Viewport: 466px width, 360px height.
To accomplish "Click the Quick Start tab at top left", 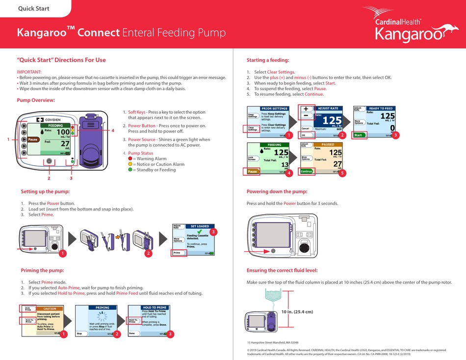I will (33, 8).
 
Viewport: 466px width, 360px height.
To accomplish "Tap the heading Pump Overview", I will (36, 100).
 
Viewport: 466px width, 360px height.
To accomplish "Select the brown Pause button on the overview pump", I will (32, 139).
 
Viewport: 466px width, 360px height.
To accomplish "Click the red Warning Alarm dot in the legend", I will (130, 158).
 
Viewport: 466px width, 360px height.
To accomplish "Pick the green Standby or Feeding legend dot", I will (130, 170).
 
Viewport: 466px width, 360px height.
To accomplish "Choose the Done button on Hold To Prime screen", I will (132, 333).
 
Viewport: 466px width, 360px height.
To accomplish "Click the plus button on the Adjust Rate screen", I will (306, 109).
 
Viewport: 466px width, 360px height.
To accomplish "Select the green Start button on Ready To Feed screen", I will (359, 135).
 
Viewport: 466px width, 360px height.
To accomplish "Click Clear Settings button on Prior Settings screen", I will (253, 129).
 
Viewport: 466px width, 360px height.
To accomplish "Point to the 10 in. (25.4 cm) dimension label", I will (297, 311).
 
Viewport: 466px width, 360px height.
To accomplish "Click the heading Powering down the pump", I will (277, 191).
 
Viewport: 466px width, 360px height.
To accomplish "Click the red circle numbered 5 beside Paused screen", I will (342, 173).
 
